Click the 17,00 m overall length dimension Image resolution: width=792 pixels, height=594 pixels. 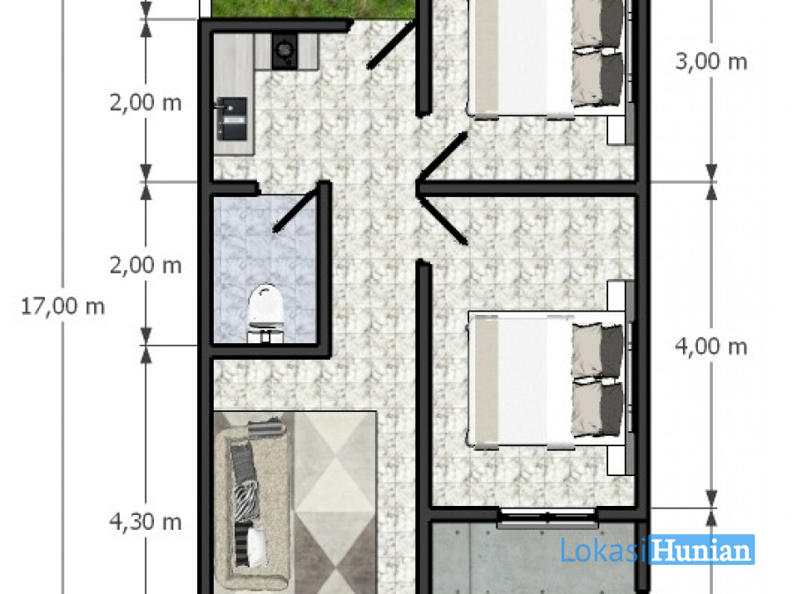[62, 306]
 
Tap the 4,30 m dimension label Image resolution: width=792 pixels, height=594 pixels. [145, 521]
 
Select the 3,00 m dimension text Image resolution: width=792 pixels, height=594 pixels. [711, 62]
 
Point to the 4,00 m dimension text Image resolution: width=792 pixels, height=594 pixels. [711, 347]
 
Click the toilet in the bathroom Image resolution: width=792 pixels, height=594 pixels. [266, 313]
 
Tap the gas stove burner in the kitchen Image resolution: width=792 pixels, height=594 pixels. [285, 50]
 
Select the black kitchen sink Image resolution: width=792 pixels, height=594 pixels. [231, 119]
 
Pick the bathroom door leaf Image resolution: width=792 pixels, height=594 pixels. [296, 208]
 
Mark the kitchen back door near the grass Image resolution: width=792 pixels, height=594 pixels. [391, 45]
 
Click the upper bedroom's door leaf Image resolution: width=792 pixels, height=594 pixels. [442, 157]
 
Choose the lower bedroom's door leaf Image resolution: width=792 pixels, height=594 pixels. [443, 220]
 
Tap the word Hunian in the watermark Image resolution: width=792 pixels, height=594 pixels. [701, 549]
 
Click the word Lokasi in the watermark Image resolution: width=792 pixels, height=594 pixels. [604, 549]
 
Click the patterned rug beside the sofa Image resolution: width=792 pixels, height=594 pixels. [335, 502]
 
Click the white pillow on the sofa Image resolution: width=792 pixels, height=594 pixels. [257, 546]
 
